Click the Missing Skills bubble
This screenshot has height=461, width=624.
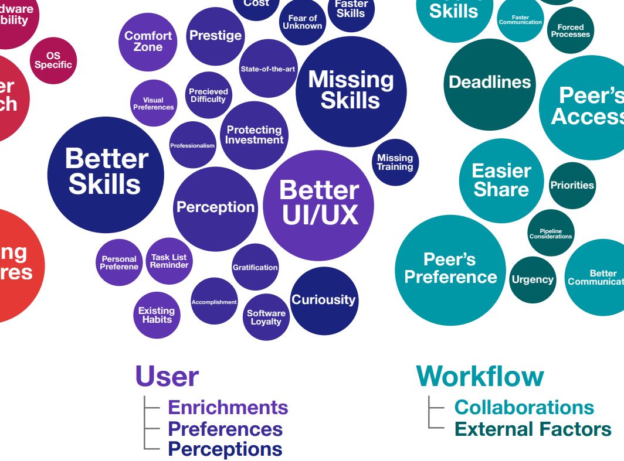pyautogui.click(x=351, y=91)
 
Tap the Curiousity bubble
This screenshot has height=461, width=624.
pyautogui.click(x=324, y=300)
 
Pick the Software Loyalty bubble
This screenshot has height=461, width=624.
pyautogui.click(x=266, y=317)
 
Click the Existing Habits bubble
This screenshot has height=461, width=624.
pyautogui.click(x=156, y=315)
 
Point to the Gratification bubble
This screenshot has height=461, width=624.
pyautogui.click(x=255, y=267)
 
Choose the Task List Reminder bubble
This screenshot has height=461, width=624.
pyautogui.click(x=169, y=261)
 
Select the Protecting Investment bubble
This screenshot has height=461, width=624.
pyautogui.click(x=254, y=135)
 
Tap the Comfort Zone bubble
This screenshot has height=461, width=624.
pyautogui.click(x=148, y=42)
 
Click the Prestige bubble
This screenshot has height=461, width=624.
pyautogui.click(x=215, y=35)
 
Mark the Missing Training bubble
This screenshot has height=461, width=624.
pyautogui.click(x=395, y=162)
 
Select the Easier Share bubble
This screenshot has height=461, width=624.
pyautogui.click(x=501, y=180)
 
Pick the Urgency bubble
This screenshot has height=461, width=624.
pyautogui.click(x=533, y=279)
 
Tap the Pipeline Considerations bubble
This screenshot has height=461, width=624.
pyautogui.click(x=550, y=233)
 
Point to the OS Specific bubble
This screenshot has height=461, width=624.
pyautogui.click(x=53, y=60)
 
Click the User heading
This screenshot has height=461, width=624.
pyautogui.click(x=167, y=376)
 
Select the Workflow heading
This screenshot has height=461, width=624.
pyautogui.click(x=480, y=376)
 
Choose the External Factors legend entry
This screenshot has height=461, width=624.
pyautogui.click(x=533, y=429)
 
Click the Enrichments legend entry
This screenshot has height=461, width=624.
pyautogui.click(x=228, y=407)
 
